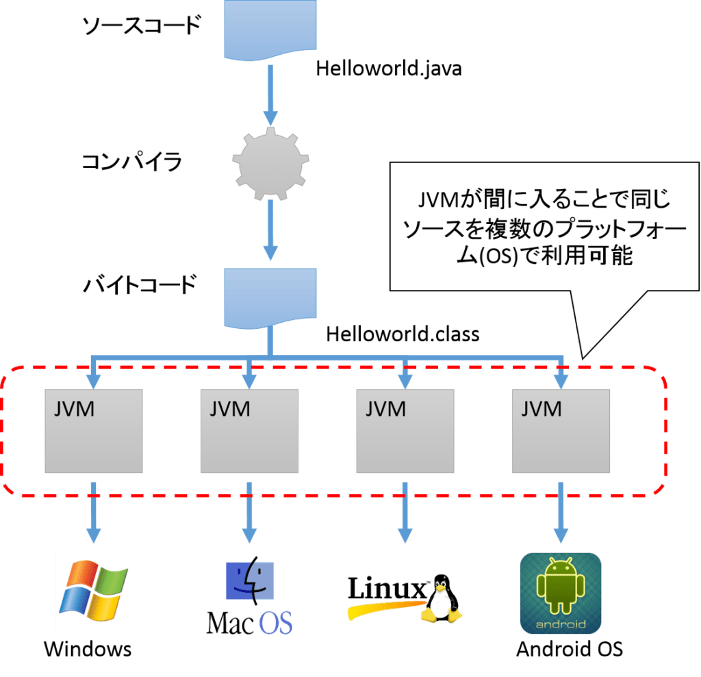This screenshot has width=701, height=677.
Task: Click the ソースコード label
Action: pyautogui.click(x=142, y=27)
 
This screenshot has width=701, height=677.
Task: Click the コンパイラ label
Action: pyautogui.click(x=131, y=162)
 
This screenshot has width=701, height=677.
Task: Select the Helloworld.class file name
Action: pyautogui.click(x=402, y=334)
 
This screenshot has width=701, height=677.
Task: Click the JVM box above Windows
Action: pyautogui.click(x=94, y=431)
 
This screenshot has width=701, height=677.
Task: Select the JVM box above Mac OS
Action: pyautogui.click(x=250, y=431)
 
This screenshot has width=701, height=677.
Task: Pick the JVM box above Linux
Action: pyautogui.click(x=406, y=431)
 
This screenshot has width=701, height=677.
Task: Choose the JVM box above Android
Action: pyautogui.click(x=561, y=431)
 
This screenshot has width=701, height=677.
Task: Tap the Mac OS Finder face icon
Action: pyautogui.click(x=250, y=580)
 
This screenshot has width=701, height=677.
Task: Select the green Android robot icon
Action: pyautogui.click(x=561, y=585)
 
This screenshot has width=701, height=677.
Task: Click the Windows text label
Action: pyautogui.click(x=88, y=649)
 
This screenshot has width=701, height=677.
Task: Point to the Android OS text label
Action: pyautogui.click(x=570, y=649)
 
